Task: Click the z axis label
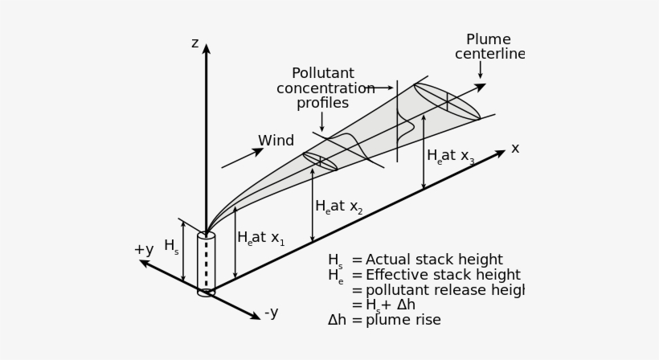194,43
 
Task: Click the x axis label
515,149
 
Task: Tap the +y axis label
143,250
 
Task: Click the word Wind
276,141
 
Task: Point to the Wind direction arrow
242,158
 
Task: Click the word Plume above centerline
488,40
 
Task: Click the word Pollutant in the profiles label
322,74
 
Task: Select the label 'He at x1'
260,239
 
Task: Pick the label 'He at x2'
338,207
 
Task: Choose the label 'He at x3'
450,157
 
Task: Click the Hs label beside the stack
171,247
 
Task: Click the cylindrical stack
206,264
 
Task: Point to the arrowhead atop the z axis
206,49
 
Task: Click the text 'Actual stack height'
434,260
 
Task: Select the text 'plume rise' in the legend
403,320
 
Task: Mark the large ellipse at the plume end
447,101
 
